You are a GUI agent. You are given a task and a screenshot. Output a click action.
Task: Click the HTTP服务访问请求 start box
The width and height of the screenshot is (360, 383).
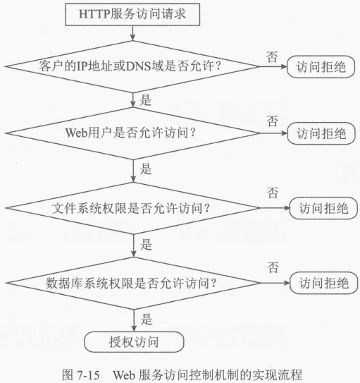coord(132,14)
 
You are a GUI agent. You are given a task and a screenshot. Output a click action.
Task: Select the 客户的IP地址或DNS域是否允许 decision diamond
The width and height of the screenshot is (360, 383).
coord(132,66)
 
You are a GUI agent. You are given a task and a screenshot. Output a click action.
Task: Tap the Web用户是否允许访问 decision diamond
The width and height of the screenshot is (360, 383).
coord(132,133)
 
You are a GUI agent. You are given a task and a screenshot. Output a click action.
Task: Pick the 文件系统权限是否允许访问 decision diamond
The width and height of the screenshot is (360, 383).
coord(132,208)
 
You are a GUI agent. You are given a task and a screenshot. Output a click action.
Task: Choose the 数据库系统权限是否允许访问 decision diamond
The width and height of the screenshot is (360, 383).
coord(133,283)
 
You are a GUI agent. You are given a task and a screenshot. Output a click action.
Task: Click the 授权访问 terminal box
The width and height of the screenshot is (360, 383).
coord(134,341)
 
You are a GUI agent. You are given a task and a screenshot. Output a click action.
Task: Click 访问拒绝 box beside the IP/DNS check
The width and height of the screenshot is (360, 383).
coord(321,67)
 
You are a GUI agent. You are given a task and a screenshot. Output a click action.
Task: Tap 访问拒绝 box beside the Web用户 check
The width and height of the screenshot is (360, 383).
coord(321,133)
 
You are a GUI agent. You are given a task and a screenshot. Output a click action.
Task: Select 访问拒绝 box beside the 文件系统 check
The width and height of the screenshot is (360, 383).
coord(323,208)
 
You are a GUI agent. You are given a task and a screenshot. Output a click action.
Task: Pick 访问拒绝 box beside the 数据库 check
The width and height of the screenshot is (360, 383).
coord(323,283)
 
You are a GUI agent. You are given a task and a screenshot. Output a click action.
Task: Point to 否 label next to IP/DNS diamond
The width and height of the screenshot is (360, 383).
coord(272,56)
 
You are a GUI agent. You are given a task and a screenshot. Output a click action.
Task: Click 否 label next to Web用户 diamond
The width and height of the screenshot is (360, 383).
coord(273,121)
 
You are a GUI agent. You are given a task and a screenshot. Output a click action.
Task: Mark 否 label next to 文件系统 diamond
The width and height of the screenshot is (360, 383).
coord(273,193)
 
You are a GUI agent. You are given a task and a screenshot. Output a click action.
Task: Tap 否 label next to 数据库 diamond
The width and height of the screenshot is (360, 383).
coord(273,267)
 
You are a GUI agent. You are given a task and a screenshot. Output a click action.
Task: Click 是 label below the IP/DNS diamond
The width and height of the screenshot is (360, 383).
coord(145,100)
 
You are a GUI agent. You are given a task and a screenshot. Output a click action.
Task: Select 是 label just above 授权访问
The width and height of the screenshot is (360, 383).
coord(147,320)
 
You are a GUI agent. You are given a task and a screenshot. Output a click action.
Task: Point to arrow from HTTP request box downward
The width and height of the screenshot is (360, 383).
coord(132,33)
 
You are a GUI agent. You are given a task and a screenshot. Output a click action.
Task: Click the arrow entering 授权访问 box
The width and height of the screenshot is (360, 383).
coord(134,320)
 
